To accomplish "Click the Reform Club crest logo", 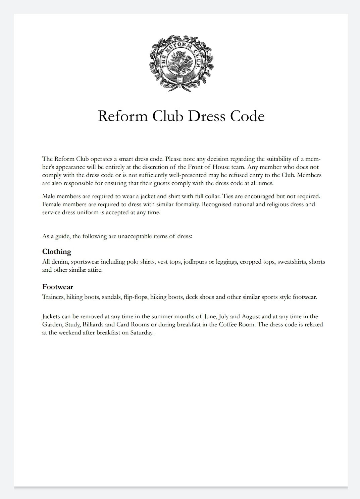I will click(x=181, y=63).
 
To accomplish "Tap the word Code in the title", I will click(x=247, y=116).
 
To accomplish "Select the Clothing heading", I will click(x=57, y=252).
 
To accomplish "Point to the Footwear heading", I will click(x=58, y=287).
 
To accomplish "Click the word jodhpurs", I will click(x=195, y=262).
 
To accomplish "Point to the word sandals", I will click(x=111, y=297).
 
